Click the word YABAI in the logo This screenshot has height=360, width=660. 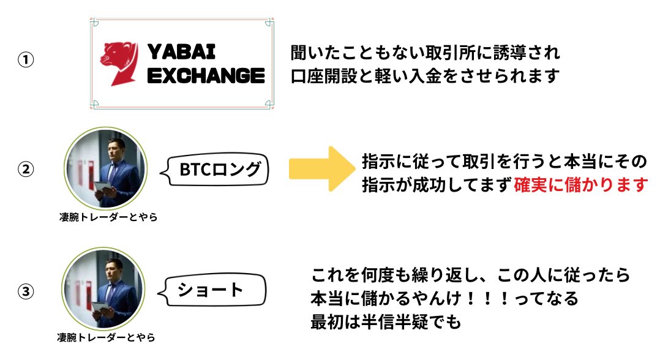pos(181,51)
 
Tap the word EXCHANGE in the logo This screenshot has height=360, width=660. pos(206,75)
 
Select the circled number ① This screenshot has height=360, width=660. pos(25,61)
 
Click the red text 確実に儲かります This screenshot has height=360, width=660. pos(580,184)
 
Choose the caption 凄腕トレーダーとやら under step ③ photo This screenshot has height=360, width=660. pos(106,337)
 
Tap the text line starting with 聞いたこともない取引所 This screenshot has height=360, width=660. pos(425,53)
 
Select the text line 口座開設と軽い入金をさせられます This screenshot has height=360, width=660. pos(425,75)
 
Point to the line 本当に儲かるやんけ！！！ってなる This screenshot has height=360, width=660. pos(444,298)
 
